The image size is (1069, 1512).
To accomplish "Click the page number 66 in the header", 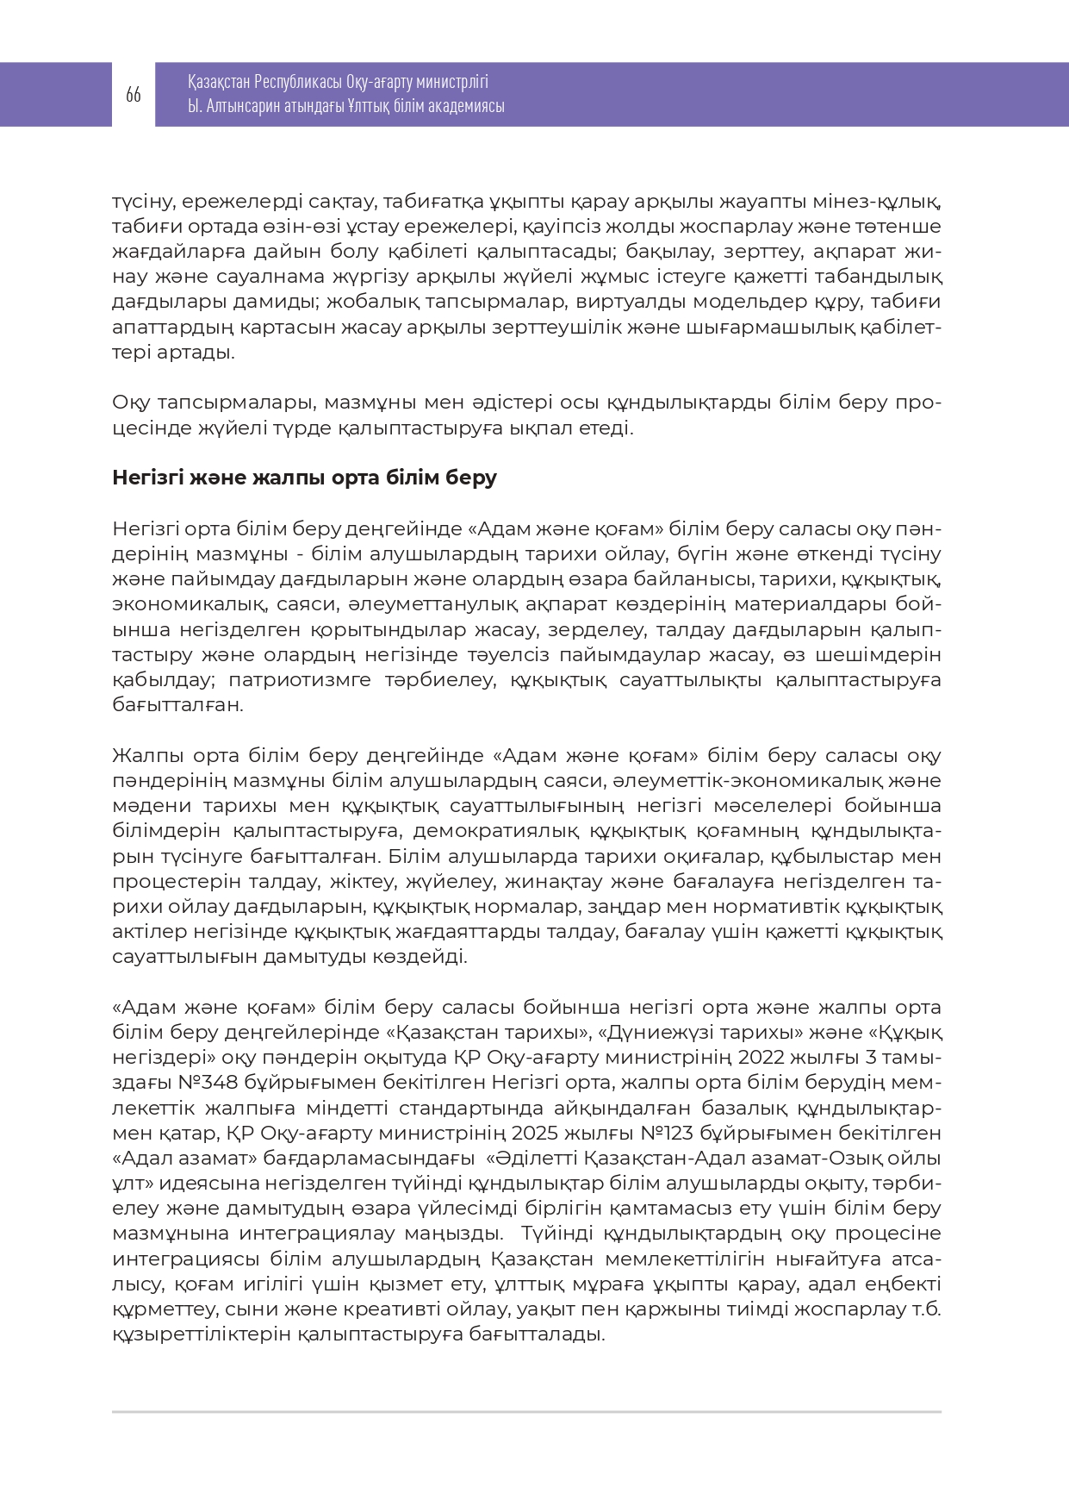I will pyautogui.click(x=133, y=95).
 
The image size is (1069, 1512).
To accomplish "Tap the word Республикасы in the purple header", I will pyautogui.click(x=297, y=82).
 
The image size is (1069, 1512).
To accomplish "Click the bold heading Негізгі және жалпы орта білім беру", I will pyautogui.click(x=304, y=478).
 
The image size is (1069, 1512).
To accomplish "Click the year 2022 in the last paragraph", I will pyautogui.click(x=761, y=1058).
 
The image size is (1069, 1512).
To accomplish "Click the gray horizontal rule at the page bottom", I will pyautogui.click(x=525, y=1412).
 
